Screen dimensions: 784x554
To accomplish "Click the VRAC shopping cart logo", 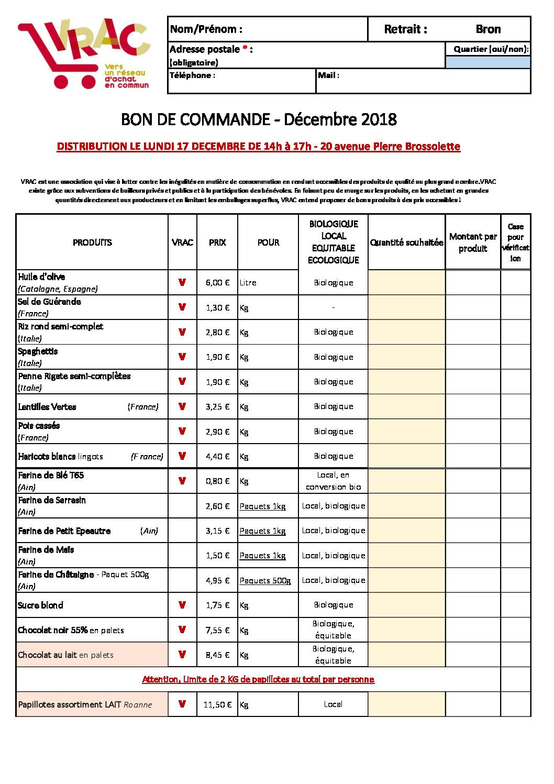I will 84,53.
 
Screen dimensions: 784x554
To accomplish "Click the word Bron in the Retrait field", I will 488,29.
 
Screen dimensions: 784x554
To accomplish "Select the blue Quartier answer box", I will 487,62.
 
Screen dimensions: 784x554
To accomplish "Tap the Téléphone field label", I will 192,75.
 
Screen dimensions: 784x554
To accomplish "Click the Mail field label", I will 328,75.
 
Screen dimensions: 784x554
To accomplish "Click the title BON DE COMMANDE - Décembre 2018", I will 259,119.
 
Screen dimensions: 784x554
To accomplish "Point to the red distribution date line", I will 258,147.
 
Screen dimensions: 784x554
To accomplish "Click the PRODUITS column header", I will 92,242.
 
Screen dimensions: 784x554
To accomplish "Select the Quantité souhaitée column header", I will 406,242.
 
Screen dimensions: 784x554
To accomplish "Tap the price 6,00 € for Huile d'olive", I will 217,283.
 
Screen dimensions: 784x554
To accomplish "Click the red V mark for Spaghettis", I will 182,357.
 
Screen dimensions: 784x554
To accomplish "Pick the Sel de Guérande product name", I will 49,302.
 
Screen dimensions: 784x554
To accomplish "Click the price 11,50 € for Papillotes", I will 217,705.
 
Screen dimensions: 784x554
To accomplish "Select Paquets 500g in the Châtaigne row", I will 265,580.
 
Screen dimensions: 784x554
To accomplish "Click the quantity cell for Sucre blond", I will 406,605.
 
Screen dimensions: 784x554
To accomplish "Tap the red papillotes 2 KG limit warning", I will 258,679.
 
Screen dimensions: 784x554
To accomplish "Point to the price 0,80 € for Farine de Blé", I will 217,481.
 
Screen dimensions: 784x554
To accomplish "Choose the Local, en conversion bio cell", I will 333,481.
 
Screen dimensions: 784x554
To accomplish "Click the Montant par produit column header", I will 473,242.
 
